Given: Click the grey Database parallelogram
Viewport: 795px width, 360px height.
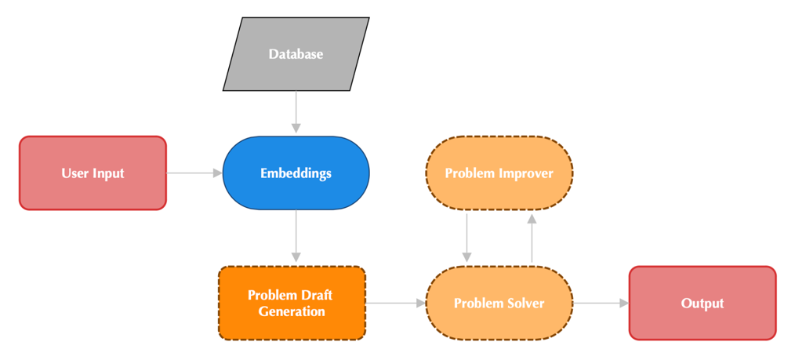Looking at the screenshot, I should (x=296, y=54).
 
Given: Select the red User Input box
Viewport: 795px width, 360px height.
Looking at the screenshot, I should (x=93, y=173).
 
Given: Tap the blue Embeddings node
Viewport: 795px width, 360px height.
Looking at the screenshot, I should (x=296, y=173).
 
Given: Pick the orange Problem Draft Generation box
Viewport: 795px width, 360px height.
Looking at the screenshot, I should (x=291, y=303).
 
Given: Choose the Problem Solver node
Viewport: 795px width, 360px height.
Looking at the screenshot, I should (x=499, y=303).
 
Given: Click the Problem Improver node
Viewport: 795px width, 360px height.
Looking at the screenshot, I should (x=499, y=173).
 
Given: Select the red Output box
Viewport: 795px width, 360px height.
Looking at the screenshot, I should (x=702, y=303).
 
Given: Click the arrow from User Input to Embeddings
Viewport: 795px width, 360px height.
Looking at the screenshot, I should (x=194, y=173).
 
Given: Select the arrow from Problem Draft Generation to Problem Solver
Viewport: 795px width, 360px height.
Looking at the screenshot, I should (x=394, y=303).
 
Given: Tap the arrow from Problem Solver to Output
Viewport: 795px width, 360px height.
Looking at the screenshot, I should (x=601, y=303).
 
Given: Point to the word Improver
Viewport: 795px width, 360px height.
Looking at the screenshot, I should (x=525, y=173).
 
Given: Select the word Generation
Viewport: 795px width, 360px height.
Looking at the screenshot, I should (x=291, y=311).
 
